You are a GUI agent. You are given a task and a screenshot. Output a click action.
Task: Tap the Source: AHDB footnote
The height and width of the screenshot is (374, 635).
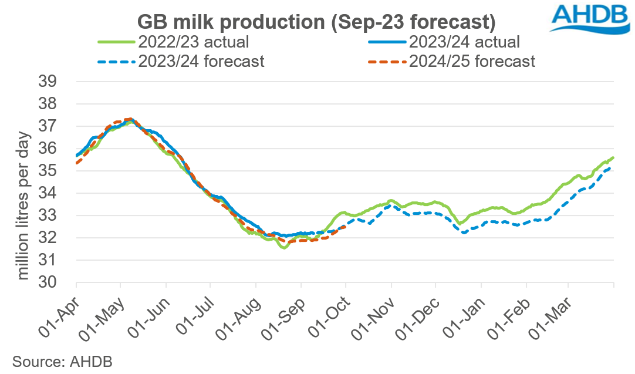(x=56, y=360)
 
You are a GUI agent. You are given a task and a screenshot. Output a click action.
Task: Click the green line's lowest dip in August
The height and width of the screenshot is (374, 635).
(x=284, y=248)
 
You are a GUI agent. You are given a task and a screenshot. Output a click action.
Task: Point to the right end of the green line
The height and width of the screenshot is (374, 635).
(x=613, y=157)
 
